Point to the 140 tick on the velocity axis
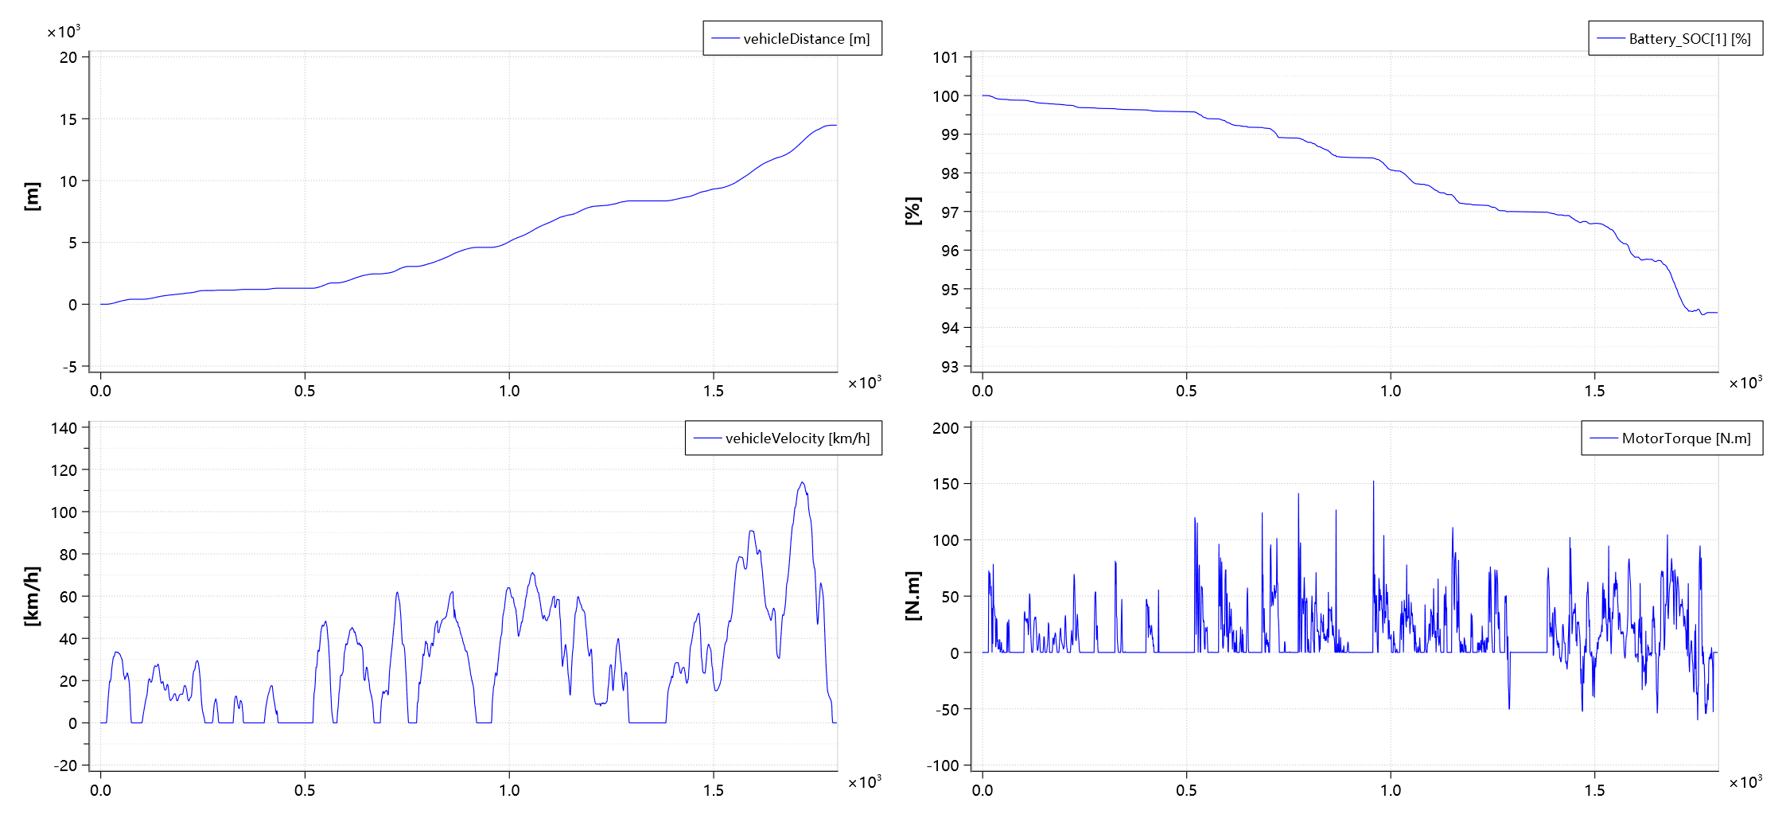click(64, 428)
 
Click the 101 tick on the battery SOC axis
click(945, 57)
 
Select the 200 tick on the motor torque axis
click(945, 428)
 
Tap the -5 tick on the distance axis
click(70, 367)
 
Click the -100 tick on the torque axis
click(943, 766)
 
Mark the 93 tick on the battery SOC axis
click(950, 367)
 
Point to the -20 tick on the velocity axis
click(66, 766)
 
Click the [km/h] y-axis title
click(32, 596)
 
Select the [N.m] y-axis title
click(913, 596)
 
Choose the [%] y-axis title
click(913, 212)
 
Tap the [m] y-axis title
click(32, 196)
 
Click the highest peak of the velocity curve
click(802, 482)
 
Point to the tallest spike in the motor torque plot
click(1373, 481)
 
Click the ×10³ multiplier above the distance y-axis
click(64, 32)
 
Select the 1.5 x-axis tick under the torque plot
click(1594, 790)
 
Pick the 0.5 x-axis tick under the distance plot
click(305, 391)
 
